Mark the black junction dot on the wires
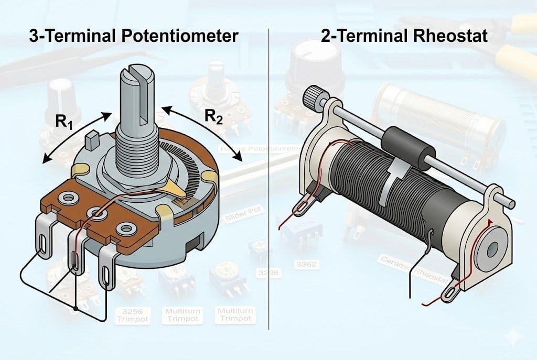pyautogui.click(x=77, y=309)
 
